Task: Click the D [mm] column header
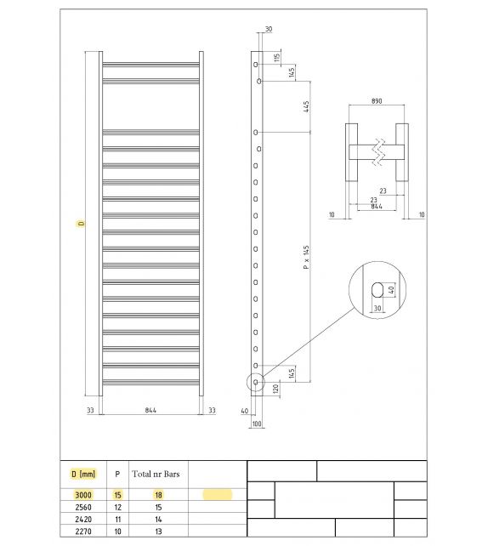pos(82,474)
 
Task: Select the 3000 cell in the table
pos(82,494)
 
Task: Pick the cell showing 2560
pos(82,507)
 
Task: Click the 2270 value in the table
pos(82,532)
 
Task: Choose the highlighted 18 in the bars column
pos(159,494)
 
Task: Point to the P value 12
pos(117,507)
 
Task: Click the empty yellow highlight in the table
pos(217,494)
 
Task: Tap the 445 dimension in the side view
pos(305,107)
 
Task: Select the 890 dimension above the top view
pos(377,101)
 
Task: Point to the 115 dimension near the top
pos(278,58)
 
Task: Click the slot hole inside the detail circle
pos(375,291)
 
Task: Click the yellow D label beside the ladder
pos(81,224)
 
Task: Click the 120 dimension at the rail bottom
pos(277,388)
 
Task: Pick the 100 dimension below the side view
pos(257,423)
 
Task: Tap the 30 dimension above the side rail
pos(269,30)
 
